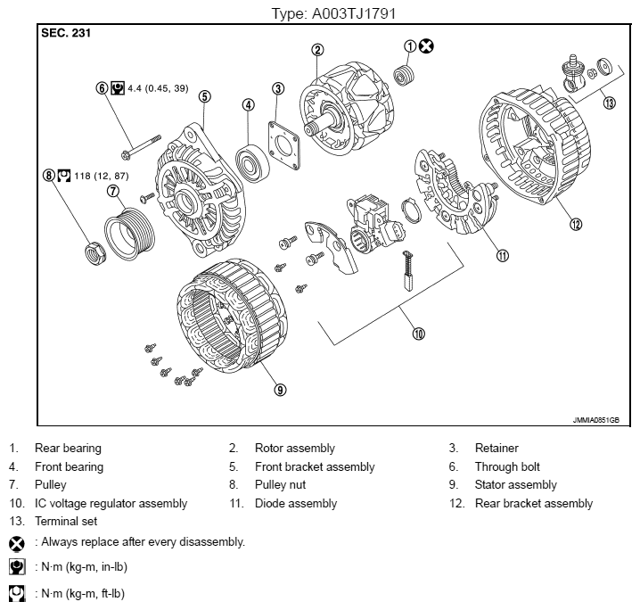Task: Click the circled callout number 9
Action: click(280, 389)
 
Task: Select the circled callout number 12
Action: click(576, 224)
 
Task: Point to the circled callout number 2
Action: click(317, 50)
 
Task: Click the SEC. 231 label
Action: click(65, 33)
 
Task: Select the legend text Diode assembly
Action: click(295, 503)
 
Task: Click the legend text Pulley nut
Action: click(283, 485)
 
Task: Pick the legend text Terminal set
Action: click(65, 521)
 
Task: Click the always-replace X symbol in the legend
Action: click(17, 542)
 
